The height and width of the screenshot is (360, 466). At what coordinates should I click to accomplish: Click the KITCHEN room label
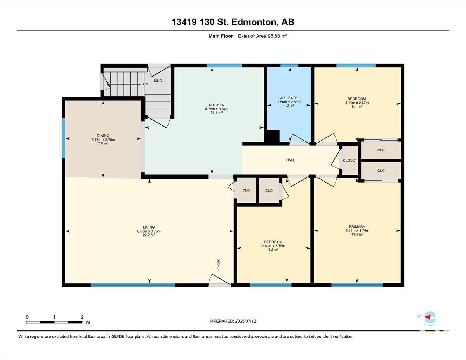coord(217,105)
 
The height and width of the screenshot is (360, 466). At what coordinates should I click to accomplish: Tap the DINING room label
coord(103,136)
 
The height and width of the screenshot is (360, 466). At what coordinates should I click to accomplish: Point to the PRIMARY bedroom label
coord(357,227)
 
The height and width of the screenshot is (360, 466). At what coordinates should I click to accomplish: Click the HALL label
coord(290,160)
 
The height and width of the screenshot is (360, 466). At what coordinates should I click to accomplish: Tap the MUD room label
coord(158,81)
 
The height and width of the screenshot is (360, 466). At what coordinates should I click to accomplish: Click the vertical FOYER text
coord(218,266)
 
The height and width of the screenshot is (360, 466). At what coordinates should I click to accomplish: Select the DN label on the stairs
coord(145,84)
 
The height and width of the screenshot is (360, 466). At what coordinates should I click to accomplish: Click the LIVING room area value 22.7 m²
coord(149,235)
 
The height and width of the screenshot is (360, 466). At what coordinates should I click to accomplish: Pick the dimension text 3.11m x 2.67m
coord(357,103)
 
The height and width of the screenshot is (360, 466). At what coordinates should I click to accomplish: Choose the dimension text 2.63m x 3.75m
coord(273,246)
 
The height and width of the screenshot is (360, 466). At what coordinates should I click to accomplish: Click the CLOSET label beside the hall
coord(350,160)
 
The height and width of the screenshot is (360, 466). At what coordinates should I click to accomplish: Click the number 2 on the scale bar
coord(82,317)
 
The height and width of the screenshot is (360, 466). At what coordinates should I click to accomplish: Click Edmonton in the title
coord(254,22)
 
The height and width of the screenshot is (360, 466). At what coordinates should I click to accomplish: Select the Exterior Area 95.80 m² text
coord(263,36)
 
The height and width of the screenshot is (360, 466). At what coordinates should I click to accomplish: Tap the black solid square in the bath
coord(273,136)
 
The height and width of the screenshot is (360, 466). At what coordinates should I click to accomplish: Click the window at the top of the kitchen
coord(224,65)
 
